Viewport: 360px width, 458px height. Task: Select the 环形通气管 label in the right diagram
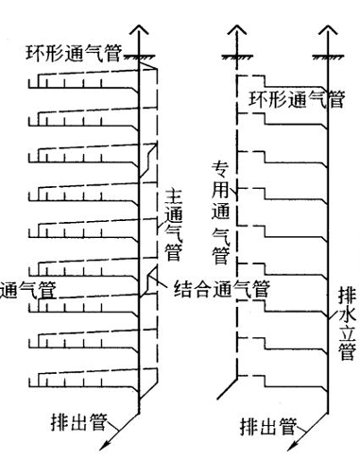[297, 97]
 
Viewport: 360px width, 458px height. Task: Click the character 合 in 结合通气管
[201, 284]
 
